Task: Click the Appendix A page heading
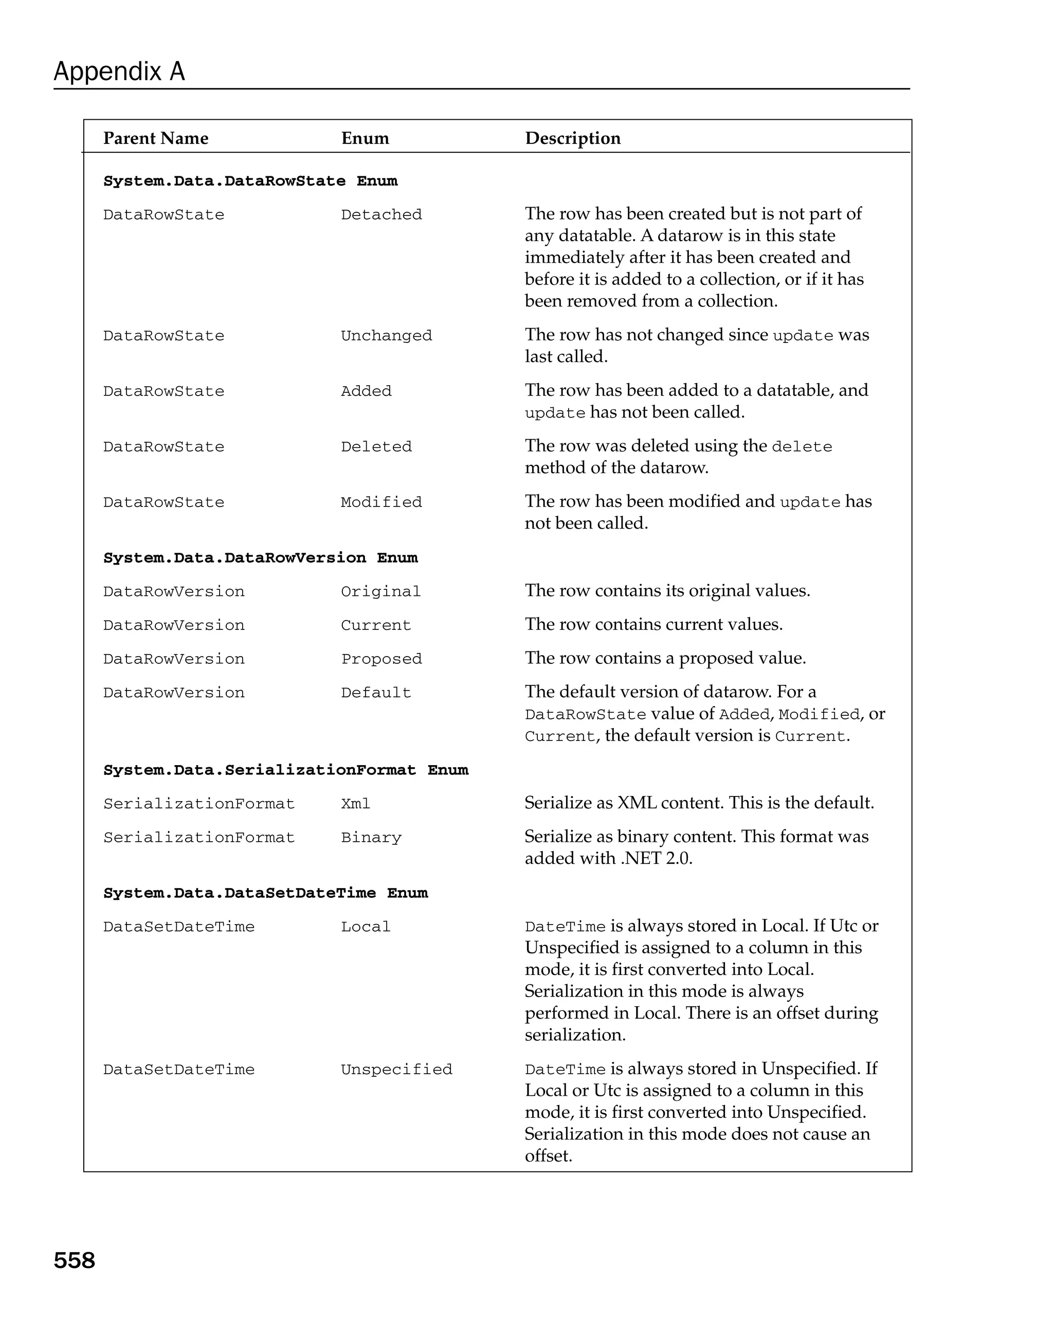tap(119, 71)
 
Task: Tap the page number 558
tap(74, 1260)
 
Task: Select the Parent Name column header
tap(156, 138)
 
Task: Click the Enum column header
tap(365, 138)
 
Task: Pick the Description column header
tap(572, 138)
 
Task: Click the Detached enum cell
tap(381, 215)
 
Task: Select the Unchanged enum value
tap(386, 336)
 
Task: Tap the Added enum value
tap(366, 391)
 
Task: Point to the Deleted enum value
tap(376, 447)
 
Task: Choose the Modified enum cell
tap(381, 502)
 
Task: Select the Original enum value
tap(380, 592)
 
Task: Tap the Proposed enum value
tap(381, 659)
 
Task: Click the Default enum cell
tap(375, 693)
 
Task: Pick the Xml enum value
tap(355, 804)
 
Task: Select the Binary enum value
tap(371, 838)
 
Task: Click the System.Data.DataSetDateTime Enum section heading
tap(265, 893)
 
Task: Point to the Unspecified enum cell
tap(396, 1070)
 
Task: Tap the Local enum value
tap(365, 927)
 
